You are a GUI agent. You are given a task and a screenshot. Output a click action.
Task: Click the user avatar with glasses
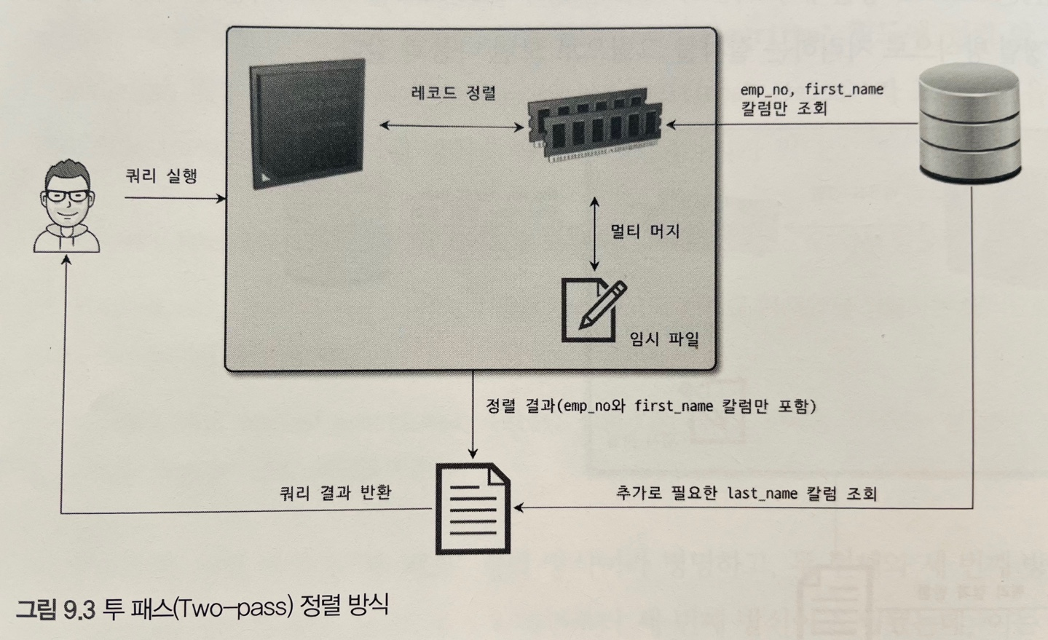click(67, 208)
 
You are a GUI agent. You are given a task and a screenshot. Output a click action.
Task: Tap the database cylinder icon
click(969, 122)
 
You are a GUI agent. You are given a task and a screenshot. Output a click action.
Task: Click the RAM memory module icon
click(595, 124)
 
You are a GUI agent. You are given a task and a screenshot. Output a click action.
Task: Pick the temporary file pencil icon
click(592, 309)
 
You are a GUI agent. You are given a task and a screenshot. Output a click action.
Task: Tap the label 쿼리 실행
click(162, 175)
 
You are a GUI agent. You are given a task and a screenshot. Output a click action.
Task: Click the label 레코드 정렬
click(453, 93)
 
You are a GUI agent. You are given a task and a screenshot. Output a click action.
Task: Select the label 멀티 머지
click(645, 232)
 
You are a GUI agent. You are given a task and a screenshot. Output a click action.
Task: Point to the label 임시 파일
click(664, 339)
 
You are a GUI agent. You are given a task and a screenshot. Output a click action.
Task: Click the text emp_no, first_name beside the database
click(811, 90)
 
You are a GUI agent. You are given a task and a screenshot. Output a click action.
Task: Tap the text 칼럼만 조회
click(784, 109)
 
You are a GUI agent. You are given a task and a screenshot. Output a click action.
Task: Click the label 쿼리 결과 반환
click(336, 493)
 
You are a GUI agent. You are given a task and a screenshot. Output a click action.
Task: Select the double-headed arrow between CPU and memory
click(452, 126)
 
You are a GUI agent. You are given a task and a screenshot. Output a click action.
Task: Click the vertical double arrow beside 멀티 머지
click(595, 234)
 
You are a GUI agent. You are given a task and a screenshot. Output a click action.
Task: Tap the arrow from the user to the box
click(175, 198)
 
